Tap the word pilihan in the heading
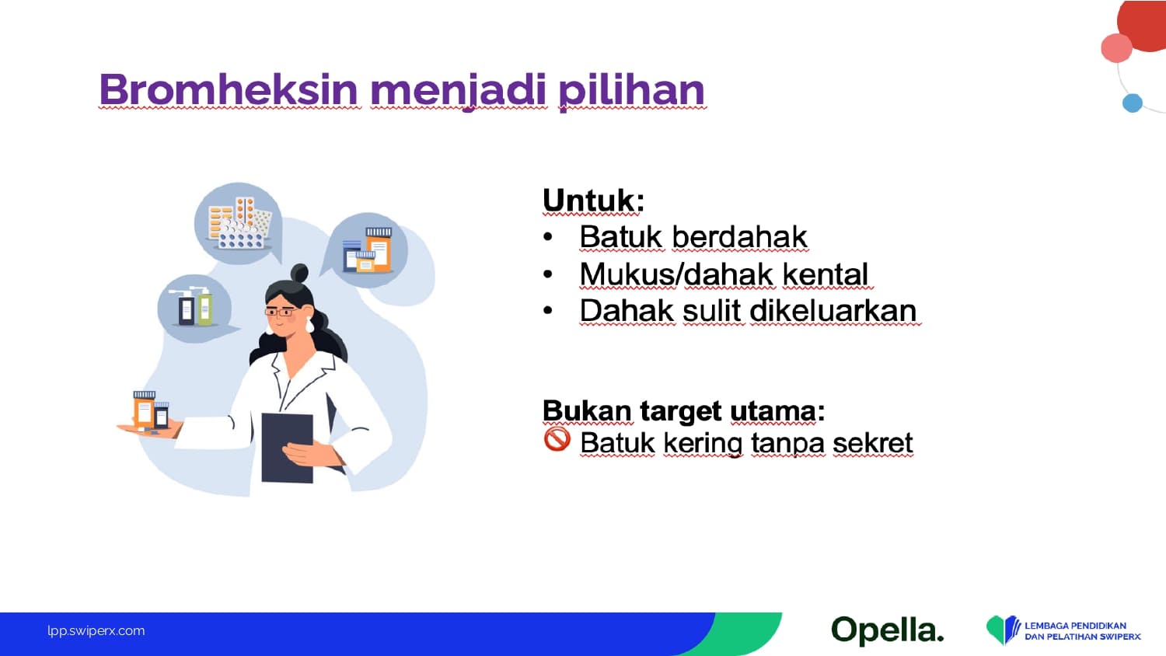[631, 92]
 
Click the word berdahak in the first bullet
[740, 237]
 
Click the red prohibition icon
[557, 439]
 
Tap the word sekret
[872, 443]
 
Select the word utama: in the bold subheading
[777, 411]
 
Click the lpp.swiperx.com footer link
[96, 630]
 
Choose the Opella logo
[888, 630]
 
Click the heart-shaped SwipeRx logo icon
[1003, 629]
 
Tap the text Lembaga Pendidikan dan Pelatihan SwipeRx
[1083, 631]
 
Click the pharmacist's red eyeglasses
[281, 312]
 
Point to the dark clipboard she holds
[288, 448]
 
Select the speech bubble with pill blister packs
[239, 223]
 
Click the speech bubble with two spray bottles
[195, 309]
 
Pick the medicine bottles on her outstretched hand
[151, 411]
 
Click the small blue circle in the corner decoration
[1132, 103]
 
